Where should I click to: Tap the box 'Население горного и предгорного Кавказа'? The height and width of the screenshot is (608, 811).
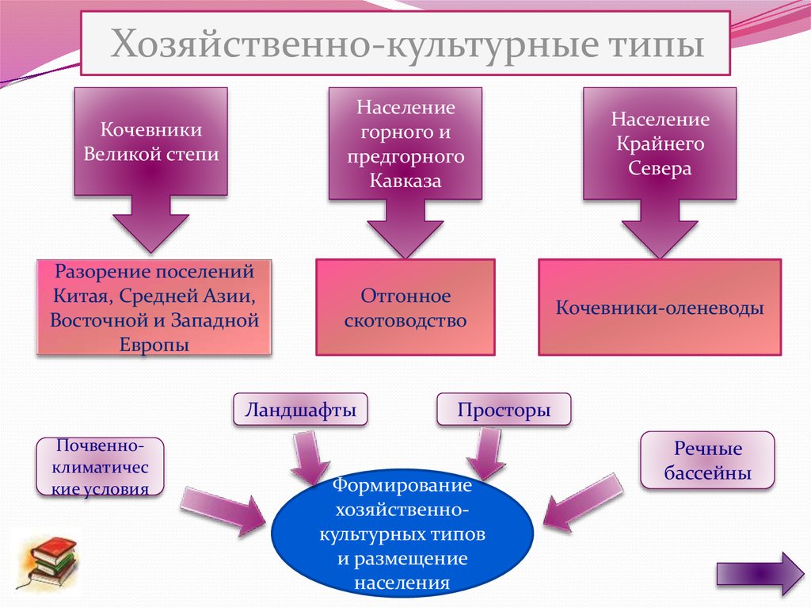pyautogui.click(x=405, y=143)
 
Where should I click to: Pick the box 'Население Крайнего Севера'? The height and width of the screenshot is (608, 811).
pyautogui.click(x=660, y=143)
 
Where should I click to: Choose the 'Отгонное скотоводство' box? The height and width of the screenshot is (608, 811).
pyautogui.click(x=405, y=308)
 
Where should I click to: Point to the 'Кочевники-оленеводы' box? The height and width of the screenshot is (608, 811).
pyautogui.click(x=659, y=308)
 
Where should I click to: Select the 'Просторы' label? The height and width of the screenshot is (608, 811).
pyautogui.click(x=503, y=411)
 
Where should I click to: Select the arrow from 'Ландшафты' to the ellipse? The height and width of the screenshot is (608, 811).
pyautogui.click(x=308, y=457)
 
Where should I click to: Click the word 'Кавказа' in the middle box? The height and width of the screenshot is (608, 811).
pyautogui.click(x=405, y=181)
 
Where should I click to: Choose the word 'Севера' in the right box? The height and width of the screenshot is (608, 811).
pyautogui.click(x=660, y=169)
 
